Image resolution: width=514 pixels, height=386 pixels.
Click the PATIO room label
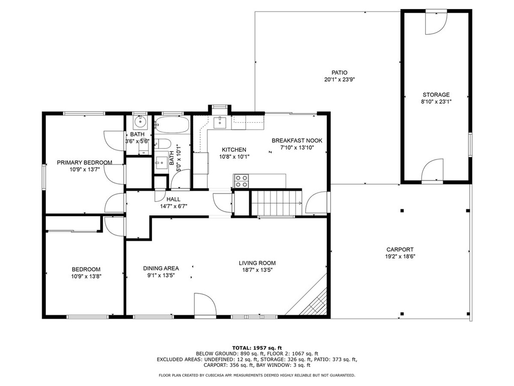(339, 72)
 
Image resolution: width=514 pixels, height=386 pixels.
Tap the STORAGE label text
(436, 95)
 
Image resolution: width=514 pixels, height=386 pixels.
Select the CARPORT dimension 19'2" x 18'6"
(400, 257)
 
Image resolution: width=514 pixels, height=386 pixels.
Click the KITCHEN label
(234, 150)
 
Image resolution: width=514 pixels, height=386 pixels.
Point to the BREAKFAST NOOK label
(297, 141)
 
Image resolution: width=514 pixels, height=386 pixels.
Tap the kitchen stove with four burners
(241, 181)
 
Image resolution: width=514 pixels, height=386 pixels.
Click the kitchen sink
(220, 123)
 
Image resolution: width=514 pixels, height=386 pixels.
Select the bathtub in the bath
(172, 125)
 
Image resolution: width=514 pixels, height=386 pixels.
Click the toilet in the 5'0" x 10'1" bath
(162, 144)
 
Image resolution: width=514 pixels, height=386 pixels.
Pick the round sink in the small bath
(141, 122)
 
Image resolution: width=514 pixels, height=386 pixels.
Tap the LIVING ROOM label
(257, 263)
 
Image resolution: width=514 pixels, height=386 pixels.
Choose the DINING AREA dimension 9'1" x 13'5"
(161, 275)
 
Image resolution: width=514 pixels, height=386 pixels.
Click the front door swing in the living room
(205, 305)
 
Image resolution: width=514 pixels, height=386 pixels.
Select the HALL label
(173, 199)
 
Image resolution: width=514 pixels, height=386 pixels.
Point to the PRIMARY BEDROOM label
(84, 162)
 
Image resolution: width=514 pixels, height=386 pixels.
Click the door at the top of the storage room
(436, 23)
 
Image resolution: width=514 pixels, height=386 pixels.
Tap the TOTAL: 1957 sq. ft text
(257, 348)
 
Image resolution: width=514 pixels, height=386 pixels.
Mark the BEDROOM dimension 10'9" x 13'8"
(86, 276)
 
